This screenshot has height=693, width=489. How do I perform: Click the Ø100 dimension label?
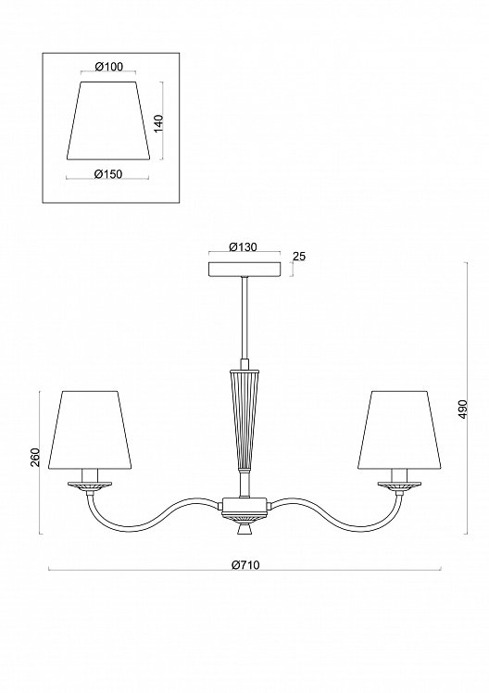click(108, 67)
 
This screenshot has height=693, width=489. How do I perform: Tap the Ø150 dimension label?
click(108, 174)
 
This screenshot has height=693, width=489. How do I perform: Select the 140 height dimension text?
click(159, 123)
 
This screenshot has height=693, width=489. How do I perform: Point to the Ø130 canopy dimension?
click(243, 247)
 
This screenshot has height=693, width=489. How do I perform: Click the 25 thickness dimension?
click(299, 257)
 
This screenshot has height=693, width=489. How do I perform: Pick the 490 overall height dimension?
click(462, 409)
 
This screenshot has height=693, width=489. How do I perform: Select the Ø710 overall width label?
click(245, 565)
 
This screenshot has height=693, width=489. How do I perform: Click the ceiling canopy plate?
click(244, 270)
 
